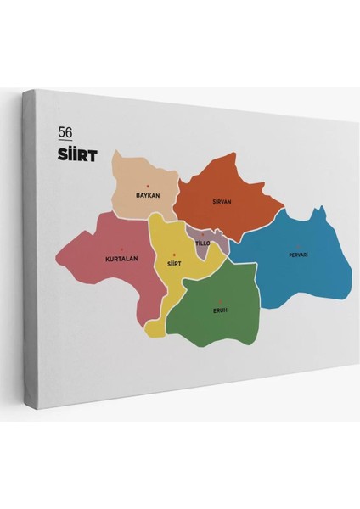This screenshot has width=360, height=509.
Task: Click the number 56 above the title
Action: point(65,131)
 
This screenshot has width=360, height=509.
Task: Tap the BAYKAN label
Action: point(148,195)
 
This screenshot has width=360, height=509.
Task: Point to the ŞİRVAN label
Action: point(222,202)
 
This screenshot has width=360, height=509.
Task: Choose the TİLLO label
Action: point(202,243)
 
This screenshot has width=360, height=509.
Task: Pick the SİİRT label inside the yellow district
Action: point(175,264)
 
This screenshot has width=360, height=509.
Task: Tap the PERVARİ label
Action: point(298,255)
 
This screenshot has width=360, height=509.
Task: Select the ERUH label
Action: point(220,310)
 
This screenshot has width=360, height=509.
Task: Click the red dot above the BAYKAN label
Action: point(148,187)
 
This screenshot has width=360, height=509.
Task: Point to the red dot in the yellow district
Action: point(175,255)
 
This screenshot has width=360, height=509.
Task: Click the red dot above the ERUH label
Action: point(220,301)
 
